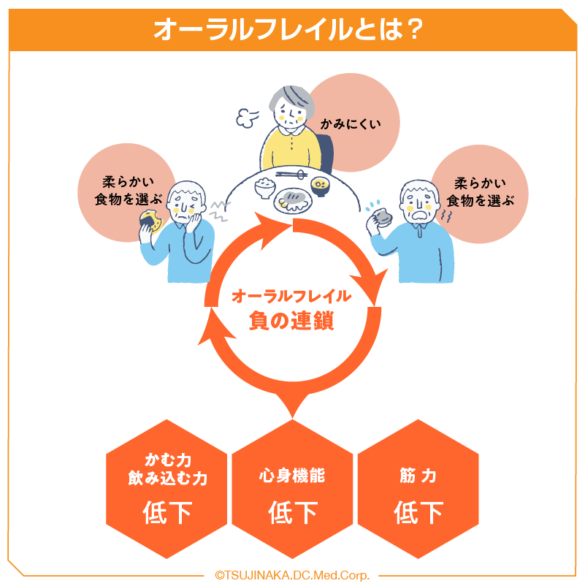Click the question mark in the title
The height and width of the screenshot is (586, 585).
click(x=413, y=29)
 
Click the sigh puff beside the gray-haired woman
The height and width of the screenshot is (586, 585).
click(x=245, y=115)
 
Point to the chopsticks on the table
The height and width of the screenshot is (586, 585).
click(x=292, y=175)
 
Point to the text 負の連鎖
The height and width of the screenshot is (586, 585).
click(x=291, y=320)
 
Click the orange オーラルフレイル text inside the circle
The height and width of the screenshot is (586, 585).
click(x=291, y=296)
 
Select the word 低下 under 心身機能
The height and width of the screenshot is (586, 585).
click(x=293, y=511)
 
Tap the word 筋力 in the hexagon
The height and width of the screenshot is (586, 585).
click(x=418, y=476)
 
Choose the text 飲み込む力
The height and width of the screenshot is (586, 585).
click(x=167, y=479)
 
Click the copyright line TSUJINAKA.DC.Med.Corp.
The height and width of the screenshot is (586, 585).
click(x=292, y=575)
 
